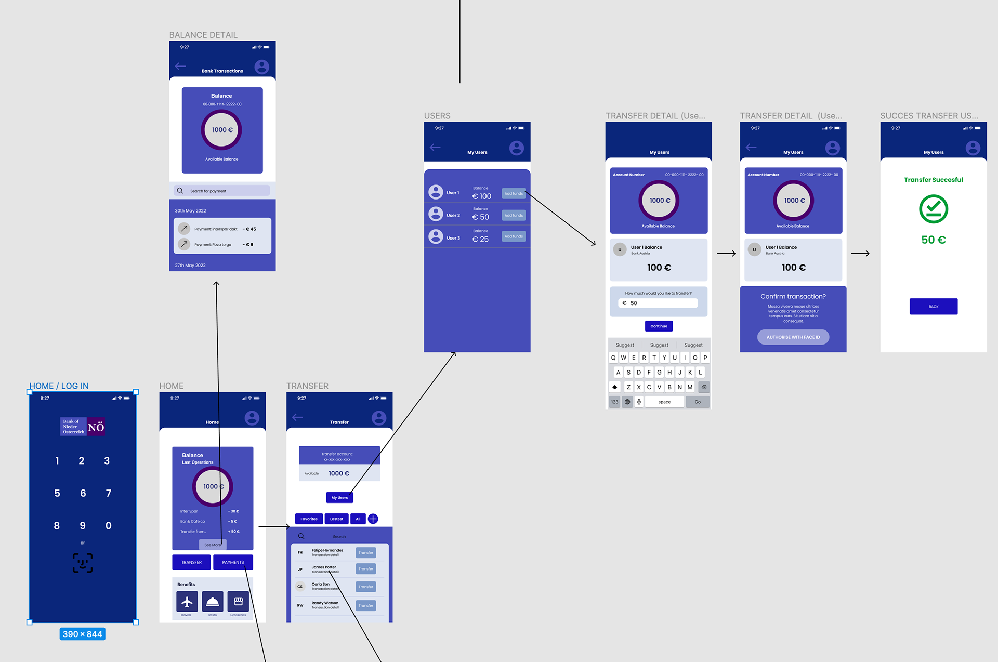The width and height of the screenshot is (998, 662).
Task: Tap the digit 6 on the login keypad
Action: click(x=83, y=493)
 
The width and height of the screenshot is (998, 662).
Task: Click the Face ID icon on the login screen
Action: click(x=83, y=563)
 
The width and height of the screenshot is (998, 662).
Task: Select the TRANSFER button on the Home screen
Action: click(x=191, y=562)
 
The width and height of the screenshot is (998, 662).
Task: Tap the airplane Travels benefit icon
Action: click(x=187, y=602)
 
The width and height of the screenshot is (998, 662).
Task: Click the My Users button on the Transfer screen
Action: click(x=339, y=498)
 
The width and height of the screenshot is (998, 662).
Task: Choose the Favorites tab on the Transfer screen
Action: click(x=309, y=519)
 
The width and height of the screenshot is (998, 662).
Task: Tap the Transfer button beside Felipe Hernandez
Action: click(x=365, y=553)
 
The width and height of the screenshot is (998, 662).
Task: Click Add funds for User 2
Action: click(x=514, y=215)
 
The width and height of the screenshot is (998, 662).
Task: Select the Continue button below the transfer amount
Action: click(x=659, y=326)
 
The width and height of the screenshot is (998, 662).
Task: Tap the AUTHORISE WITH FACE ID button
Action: click(x=793, y=337)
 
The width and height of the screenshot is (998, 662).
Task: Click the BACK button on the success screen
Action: click(x=933, y=307)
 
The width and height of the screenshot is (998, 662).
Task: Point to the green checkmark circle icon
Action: click(x=933, y=209)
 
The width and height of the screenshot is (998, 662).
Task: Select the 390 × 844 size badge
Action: click(x=82, y=634)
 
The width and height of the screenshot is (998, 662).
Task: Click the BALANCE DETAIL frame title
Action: click(x=203, y=35)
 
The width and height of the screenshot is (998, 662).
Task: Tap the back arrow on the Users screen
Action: click(x=435, y=148)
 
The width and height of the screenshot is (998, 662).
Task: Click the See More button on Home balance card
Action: click(x=212, y=545)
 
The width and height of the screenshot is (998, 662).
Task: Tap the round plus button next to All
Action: click(x=373, y=519)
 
